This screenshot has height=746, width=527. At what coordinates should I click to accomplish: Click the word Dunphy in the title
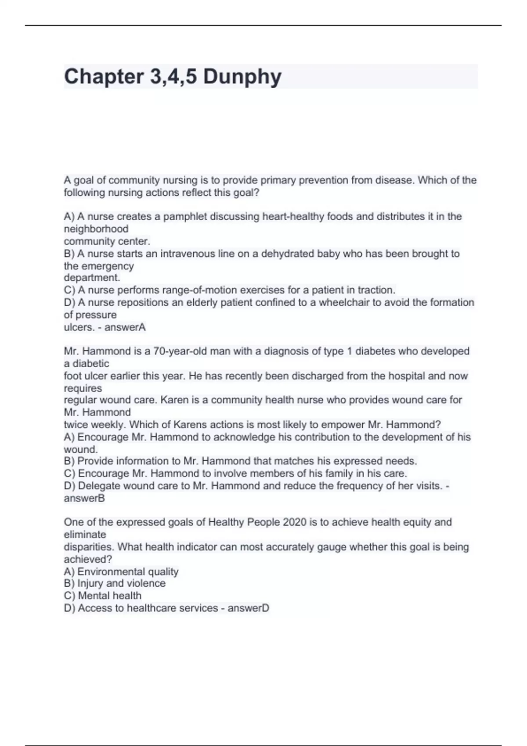242,77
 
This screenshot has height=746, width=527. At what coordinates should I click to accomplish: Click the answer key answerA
125,327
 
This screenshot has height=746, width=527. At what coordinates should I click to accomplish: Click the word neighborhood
96,229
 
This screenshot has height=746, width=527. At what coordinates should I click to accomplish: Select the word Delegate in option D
97,486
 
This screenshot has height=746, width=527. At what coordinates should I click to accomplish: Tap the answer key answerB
84,498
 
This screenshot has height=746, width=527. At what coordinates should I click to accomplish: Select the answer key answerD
248,608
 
